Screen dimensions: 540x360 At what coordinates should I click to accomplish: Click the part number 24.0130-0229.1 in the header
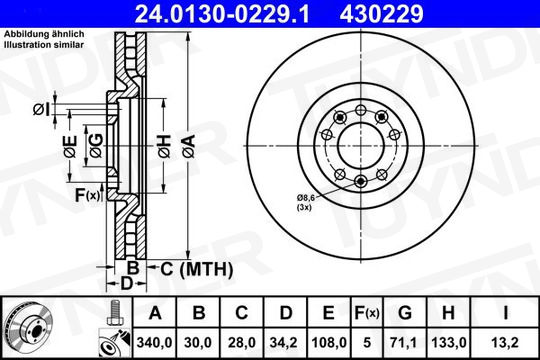[x=222, y=14]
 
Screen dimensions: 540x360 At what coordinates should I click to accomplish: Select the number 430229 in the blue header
[x=381, y=14]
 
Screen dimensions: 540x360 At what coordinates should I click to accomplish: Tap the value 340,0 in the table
[x=154, y=343]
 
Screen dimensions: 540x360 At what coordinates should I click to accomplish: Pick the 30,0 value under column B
[x=198, y=343]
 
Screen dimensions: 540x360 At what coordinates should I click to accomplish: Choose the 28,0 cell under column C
[x=242, y=343]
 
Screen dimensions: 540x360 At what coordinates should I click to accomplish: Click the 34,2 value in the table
[x=285, y=343]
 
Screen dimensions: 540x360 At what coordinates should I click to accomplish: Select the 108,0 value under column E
[x=329, y=343]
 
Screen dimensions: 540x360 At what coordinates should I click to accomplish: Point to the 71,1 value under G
[x=405, y=343]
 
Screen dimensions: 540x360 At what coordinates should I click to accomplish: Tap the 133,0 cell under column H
[x=449, y=343]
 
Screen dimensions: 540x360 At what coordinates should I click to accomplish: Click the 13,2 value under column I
[x=505, y=343]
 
